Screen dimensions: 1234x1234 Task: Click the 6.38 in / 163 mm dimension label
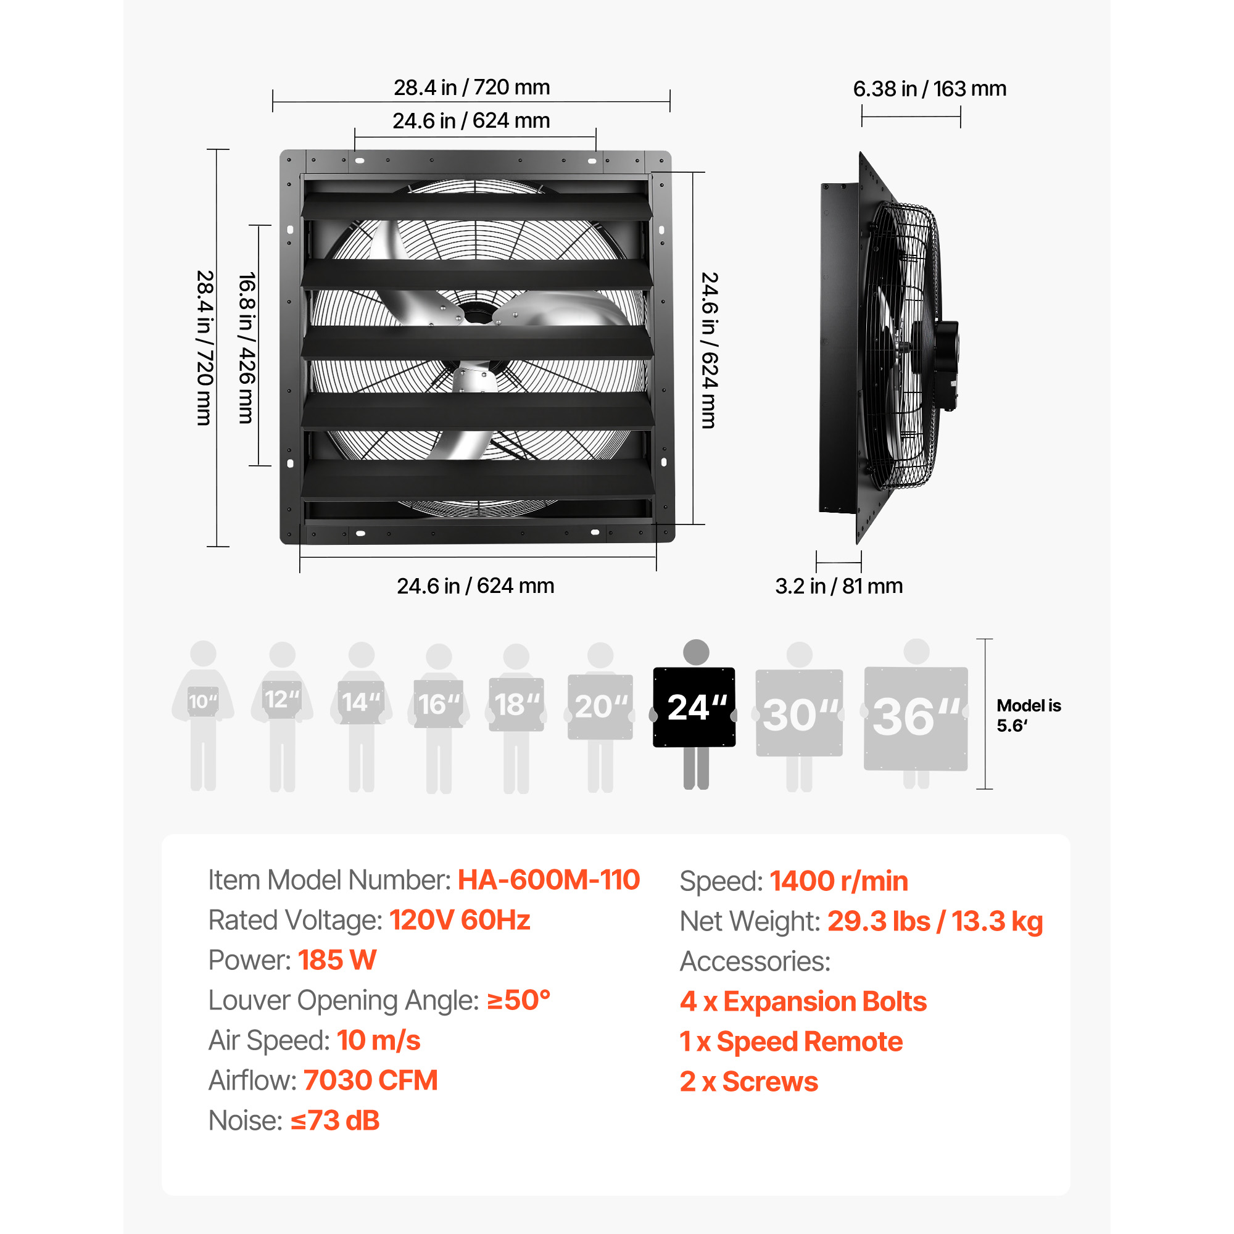pyautogui.click(x=929, y=89)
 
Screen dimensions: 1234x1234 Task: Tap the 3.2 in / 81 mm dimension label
pyautogui.click(x=839, y=586)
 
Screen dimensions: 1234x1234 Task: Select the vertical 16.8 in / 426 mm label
pyautogui.click(x=247, y=348)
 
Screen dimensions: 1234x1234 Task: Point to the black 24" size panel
pyautogui.click(x=694, y=707)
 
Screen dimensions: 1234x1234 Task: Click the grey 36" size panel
pyautogui.click(x=916, y=719)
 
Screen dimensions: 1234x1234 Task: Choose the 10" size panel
pyautogui.click(x=203, y=702)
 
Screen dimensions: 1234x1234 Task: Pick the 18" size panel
pyautogui.click(x=516, y=705)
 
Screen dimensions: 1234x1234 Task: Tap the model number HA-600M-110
pyautogui.click(x=549, y=879)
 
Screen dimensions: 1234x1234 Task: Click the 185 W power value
pyautogui.click(x=337, y=960)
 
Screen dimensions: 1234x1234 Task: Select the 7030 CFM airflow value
pyautogui.click(x=370, y=1081)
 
